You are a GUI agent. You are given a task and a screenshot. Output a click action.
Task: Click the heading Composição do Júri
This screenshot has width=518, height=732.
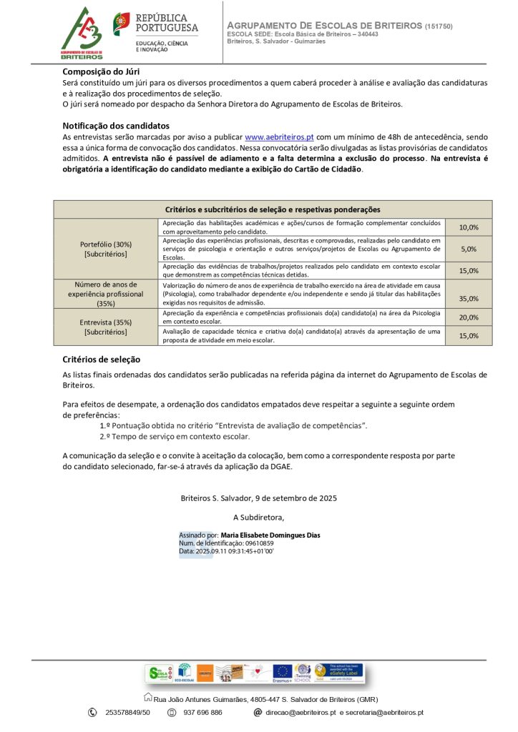pos(101,71)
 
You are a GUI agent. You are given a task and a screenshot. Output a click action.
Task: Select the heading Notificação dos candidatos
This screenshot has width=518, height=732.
pos(116,125)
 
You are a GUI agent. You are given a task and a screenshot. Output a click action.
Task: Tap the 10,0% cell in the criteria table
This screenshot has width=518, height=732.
pos(469,227)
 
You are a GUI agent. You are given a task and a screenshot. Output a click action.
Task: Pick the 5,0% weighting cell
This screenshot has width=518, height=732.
pos(469,249)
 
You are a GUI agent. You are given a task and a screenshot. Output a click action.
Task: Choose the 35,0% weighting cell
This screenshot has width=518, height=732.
pos(469,299)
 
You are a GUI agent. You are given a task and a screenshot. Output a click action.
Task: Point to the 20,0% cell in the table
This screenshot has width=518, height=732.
pos(469,317)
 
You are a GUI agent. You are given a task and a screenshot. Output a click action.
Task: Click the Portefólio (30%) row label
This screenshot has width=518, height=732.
pos(105,249)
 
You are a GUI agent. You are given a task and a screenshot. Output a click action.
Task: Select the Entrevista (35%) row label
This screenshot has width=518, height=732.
pos(105,327)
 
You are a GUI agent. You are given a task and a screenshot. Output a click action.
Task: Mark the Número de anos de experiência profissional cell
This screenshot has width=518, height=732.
pos(105,293)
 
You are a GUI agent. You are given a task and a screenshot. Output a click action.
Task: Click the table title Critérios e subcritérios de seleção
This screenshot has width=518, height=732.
pos(273,209)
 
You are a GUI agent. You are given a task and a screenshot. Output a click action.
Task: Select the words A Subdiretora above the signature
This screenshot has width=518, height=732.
pos(258,517)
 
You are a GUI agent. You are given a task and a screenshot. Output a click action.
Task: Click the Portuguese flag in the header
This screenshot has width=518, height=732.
pos(122,24)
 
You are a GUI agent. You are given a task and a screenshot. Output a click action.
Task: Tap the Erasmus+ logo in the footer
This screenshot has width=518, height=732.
pos(283,673)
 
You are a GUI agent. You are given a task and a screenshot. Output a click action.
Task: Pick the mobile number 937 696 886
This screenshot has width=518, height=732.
pos(202,713)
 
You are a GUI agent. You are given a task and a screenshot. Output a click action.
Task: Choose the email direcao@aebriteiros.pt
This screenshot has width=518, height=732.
pos(300,713)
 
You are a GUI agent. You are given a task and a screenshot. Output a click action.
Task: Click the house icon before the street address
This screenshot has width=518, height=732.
pos(148,698)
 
